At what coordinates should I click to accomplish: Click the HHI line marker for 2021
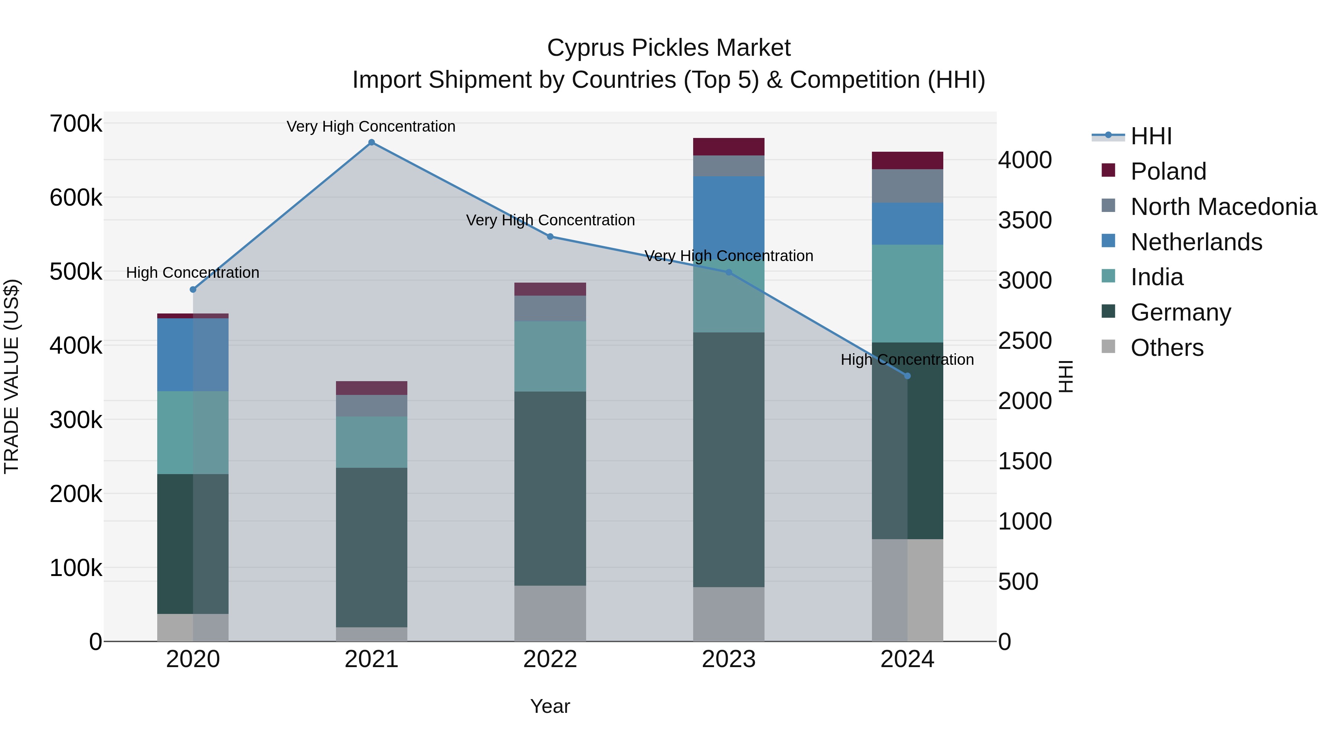point(371,142)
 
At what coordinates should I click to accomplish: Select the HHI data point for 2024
point(907,376)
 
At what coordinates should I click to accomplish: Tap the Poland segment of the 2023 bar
point(729,147)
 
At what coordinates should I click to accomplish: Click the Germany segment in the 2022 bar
point(550,489)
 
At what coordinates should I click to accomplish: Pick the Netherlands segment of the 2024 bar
point(907,223)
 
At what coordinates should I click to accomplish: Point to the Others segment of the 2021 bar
point(371,634)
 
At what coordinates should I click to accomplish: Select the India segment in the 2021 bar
point(371,442)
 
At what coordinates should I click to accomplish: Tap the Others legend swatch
point(1108,347)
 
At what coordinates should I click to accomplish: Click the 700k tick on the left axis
point(76,124)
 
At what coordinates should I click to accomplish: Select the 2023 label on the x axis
point(729,659)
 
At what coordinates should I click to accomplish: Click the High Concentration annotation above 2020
point(193,272)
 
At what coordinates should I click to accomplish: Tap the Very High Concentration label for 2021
point(371,126)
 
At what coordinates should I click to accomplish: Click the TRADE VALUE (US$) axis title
point(12,376)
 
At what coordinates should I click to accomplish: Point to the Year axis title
point(550,706)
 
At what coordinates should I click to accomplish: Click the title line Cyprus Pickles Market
point(669,48)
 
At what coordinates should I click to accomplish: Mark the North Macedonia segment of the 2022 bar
point(550,308)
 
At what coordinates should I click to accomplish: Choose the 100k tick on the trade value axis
point(76,568)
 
